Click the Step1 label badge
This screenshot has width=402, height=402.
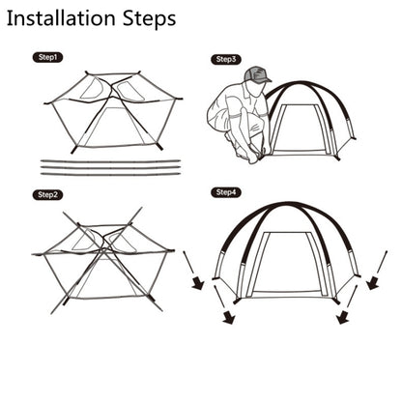coord(47,57)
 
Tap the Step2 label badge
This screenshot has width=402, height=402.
coord(47,194)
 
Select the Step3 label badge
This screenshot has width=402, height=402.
coord(226,59)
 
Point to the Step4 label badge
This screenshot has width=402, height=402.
coord(226,192)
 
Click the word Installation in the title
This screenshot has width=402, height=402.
coord(61,18)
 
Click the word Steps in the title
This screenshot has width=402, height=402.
coord(149,19)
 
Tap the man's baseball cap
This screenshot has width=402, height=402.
coord(258,74)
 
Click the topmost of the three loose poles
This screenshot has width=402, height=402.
coord(110,160)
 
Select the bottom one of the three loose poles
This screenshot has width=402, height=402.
coord(110,174)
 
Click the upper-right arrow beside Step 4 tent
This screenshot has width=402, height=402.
coord(378,270)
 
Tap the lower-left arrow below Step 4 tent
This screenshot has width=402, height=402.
coord(224,304)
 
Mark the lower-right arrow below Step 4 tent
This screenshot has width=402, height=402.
coord(347,304)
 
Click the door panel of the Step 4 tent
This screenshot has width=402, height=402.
coord(287,263)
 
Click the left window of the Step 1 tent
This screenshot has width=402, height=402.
coord(93,88)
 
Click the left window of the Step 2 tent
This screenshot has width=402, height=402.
coord(84,241)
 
